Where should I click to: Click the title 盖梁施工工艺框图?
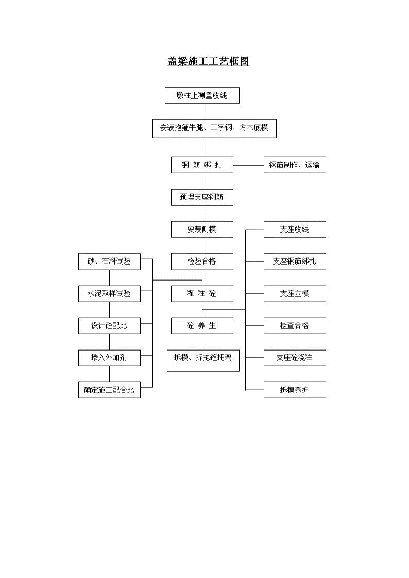pos(209,61)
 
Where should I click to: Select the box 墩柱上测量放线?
pos(202,95)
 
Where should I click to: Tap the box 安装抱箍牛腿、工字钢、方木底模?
pos(215,128)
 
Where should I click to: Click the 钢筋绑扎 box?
pos(202,165)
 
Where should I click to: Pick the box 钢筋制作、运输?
pos(295,165)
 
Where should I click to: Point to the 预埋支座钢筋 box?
pos(202,197)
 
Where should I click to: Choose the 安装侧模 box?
pos(202,229)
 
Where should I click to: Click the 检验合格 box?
pos(202,261)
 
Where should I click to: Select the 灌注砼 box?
pos(202,294)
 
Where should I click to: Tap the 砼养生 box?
pos(202,325)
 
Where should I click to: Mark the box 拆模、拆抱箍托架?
pos(203,360)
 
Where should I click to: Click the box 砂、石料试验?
pos(110,261)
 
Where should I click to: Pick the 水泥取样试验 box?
pos(110,294)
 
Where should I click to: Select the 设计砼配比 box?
pos(110,325)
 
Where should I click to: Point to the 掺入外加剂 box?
pos(110,358)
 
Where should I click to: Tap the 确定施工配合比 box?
pos(110,390)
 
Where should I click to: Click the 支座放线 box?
pos(295,229)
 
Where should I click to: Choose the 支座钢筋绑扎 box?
pos(295,261)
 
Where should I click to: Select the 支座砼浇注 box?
pos(295,358)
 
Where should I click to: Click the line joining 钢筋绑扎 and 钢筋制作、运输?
pos(249,165)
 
